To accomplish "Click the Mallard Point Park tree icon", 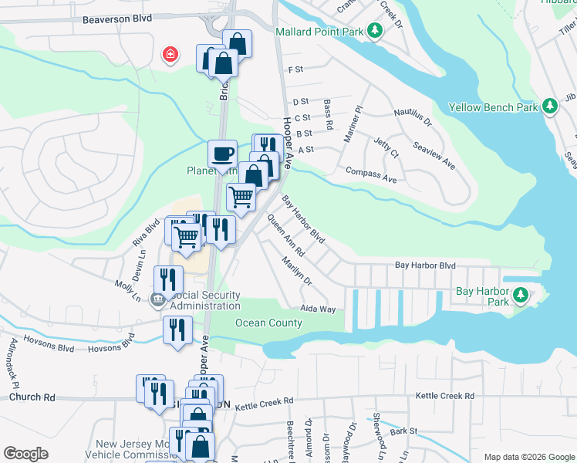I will point(374,31).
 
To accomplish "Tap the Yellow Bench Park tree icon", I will point(550,106).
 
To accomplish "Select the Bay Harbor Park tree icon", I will point(521,295).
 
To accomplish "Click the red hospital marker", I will point(170,54).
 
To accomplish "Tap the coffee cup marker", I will point(222,154).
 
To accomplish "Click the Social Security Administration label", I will point(204,301).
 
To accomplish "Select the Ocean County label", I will point(268,323).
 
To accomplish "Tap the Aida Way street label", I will point(318,309).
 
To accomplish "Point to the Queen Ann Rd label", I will point(285,236).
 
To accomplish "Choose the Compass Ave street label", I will point(371,175).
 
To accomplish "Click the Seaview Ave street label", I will point(434,156).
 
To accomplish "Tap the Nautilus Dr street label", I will point(413,117).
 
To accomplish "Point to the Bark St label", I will point(403,431).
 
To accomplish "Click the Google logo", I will point(25,454).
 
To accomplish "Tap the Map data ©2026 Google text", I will point(528,457).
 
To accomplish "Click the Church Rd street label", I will point(32,397).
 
